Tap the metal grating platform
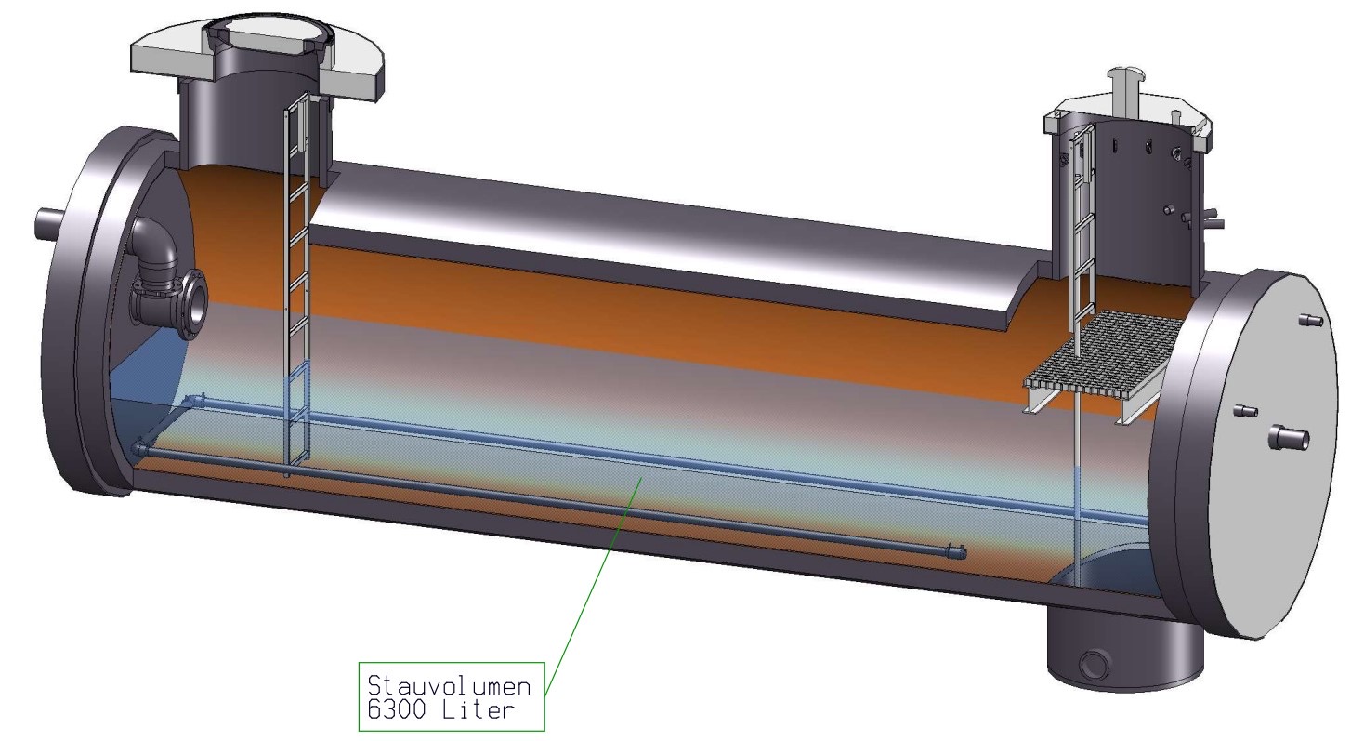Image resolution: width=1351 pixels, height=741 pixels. [x=1106, y=358]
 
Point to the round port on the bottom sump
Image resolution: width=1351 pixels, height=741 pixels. [x=1095, y=664]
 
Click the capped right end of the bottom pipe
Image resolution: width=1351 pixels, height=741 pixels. [x=956, y=552]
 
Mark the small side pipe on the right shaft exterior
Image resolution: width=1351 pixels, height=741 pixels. [x=1209, y=221]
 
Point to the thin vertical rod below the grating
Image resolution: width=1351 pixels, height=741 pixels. [x=1075, y=483]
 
